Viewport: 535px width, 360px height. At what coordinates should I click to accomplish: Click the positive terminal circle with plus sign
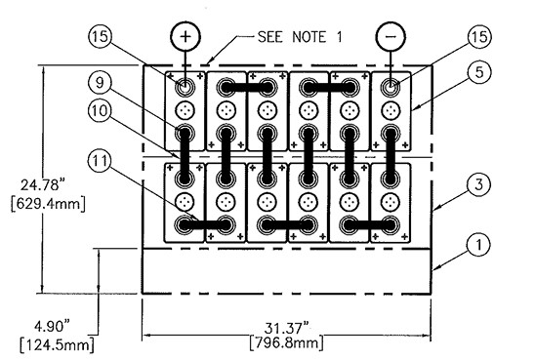(185, 36)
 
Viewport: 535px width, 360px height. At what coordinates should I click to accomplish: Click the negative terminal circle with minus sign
(391, 36)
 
